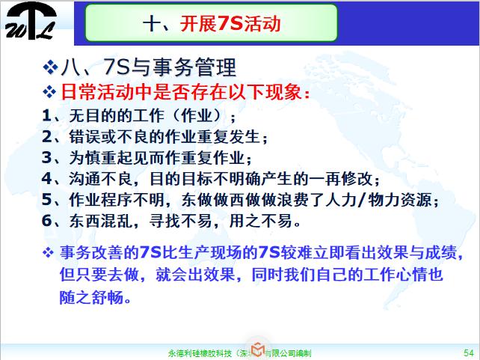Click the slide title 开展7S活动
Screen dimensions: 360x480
pyautogui.click(x=211, y=23)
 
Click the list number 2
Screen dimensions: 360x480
pyautogui.click(x=46, y=137)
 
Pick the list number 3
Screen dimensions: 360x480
pyautogui.click(x=46, y=158)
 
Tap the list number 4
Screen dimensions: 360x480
pyautogui.click(x=46, y=179)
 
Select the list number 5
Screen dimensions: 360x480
pyautogui.click(x=46, y=200)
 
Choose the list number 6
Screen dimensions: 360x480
pyautogui.click(x=46, y=221)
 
